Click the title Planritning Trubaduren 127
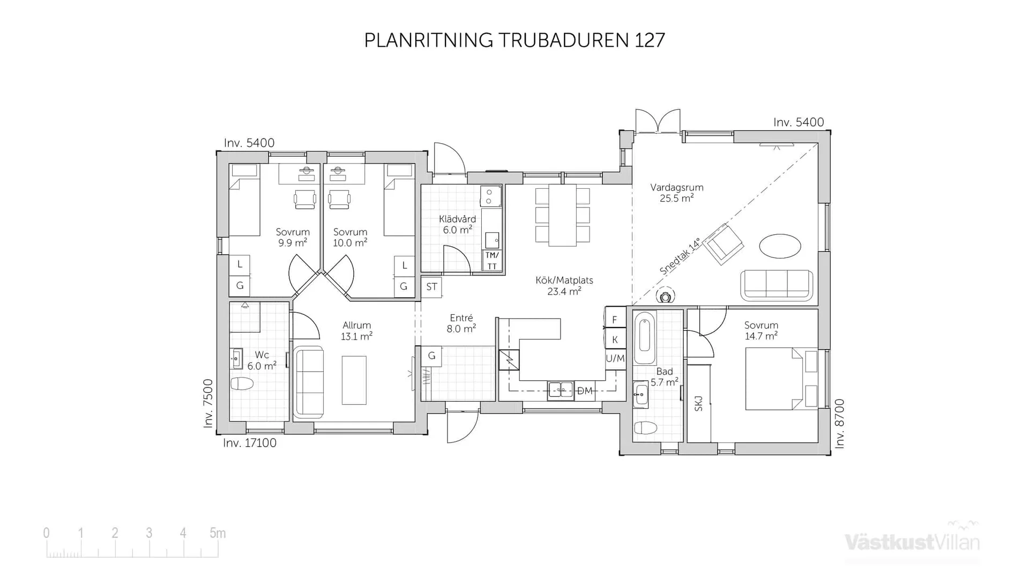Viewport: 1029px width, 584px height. [514, 40]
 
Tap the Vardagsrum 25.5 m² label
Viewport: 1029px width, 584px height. [676, 193]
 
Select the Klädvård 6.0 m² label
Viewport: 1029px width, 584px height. [457, 224]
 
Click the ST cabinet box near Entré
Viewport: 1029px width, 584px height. [431, 287]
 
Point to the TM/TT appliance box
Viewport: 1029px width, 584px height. [492, 261]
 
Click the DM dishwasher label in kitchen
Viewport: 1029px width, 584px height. [585, 391]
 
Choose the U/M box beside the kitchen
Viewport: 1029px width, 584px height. [615, 358]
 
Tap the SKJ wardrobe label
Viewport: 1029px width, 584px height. [698, 403]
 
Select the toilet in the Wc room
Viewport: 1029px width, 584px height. [242, 383]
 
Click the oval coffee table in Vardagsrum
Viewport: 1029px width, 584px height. [780, 246]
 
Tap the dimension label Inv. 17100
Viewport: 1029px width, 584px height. [250, 443]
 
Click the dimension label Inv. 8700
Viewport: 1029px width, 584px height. [840, 424]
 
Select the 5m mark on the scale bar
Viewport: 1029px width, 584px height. [218, 533]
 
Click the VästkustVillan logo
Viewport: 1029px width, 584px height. [912, 542]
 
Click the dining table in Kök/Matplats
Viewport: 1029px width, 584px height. [562, 215]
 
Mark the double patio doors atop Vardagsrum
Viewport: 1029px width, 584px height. [658, 121]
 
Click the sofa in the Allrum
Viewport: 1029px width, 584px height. [310, 382]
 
